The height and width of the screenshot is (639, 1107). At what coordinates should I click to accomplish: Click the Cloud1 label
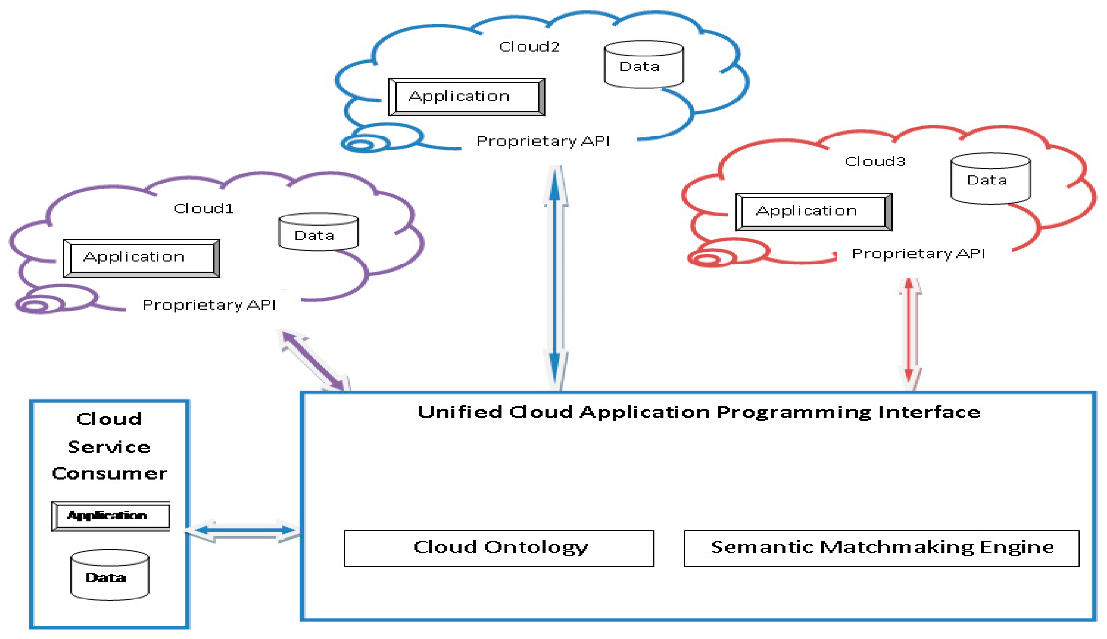point(203,208)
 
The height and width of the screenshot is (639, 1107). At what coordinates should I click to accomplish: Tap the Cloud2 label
point(529,46)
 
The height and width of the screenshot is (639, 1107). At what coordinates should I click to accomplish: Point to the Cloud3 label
point(875,162)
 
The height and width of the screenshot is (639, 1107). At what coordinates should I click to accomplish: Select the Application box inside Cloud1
point(141,258)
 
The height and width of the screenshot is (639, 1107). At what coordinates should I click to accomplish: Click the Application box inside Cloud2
point(466,97)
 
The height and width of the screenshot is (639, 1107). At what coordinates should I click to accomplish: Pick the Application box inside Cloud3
point(813,212)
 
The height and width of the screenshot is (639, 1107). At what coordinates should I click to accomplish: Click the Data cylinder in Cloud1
point(318,232)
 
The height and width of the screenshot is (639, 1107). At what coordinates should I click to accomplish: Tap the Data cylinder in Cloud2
point(643,65)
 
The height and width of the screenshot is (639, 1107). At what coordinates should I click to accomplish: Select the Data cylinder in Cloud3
point(990,179)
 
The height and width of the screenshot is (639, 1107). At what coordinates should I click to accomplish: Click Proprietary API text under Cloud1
point(209,305)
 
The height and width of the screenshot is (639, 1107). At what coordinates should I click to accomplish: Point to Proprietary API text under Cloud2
point(543,141)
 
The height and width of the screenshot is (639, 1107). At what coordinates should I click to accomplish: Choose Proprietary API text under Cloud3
point(918,254)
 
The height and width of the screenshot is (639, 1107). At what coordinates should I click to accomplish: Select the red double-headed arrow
point(909,334)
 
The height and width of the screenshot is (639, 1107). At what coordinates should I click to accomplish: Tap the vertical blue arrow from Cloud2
point(555,279)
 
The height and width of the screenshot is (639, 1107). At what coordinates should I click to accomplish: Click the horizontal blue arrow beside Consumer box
point(244,531)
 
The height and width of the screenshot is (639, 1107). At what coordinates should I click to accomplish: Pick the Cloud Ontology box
point(499,548)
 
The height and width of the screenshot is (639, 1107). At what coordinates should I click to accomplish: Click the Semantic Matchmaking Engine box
point(881,548)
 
